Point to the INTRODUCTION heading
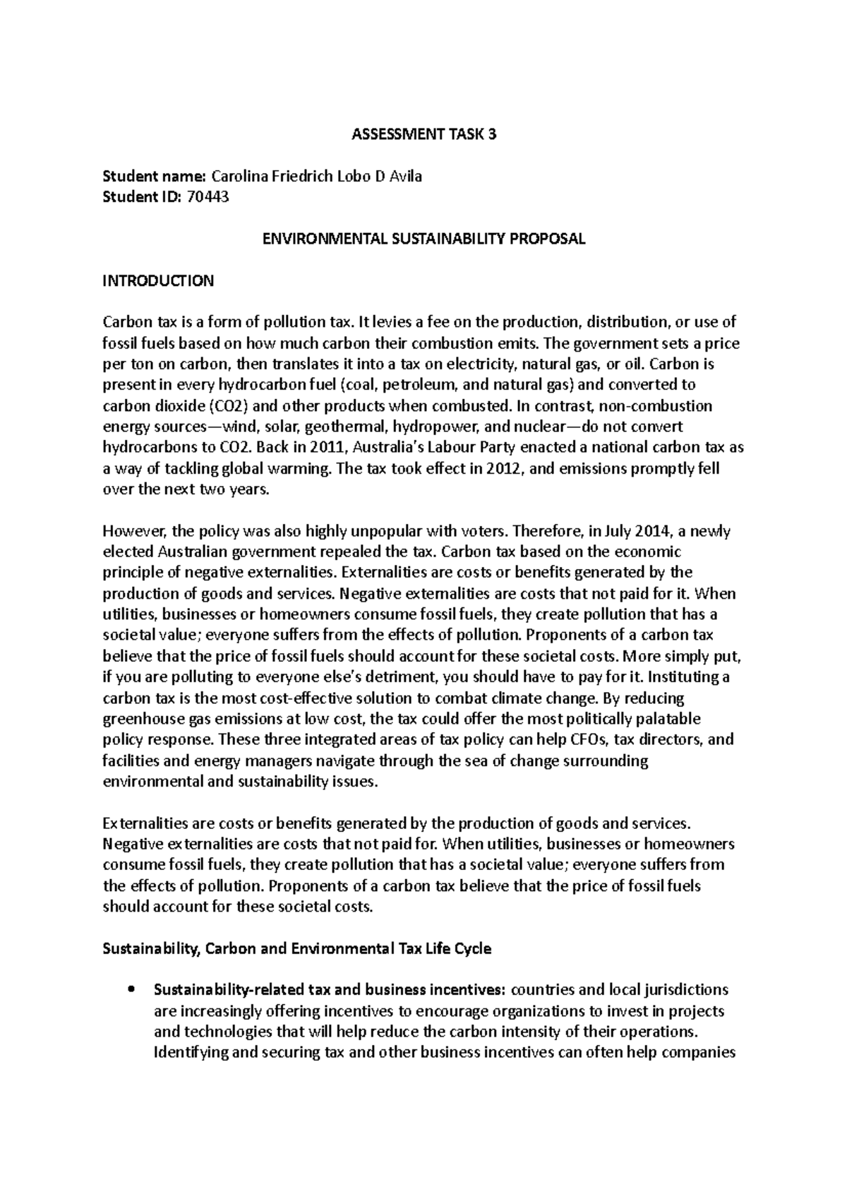point(158,281)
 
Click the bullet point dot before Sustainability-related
point(130,990)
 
